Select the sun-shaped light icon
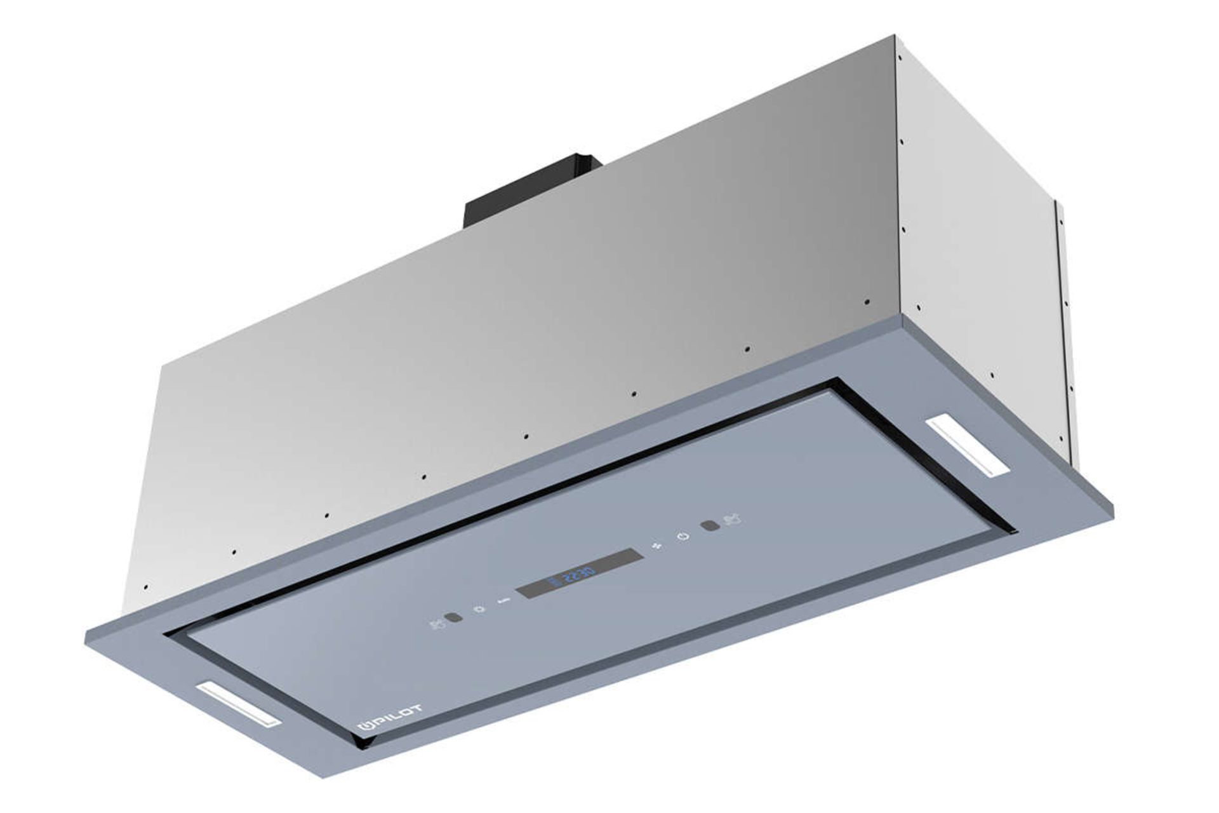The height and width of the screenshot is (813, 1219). (x=481, y=610)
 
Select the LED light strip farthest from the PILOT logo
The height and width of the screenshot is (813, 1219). (x=969, y=445)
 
